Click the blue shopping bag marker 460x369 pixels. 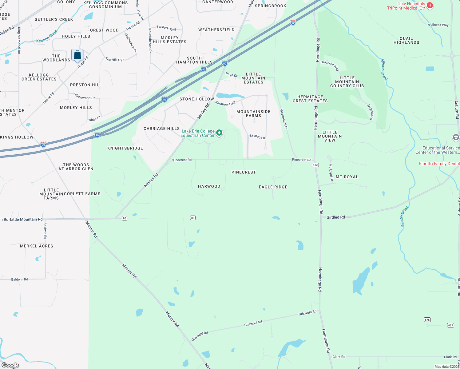(x=77, y=55)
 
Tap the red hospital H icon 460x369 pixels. (x=430, y=5)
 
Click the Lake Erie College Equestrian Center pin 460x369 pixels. (x=219, y=133)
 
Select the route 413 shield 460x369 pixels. (x=315, y=165)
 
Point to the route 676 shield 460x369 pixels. (x=427, y=320)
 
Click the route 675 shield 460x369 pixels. (x=450, y=325)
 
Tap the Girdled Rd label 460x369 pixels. (x=335, y=217)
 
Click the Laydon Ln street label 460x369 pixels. (x=257, y=136)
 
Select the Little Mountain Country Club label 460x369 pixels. (x=347, y=82)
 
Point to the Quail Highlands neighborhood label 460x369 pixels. (x=406, y=41)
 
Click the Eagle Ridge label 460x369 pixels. (x=273, y=187)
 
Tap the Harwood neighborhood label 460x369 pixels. (x=209, y=186)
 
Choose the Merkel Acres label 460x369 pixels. (x=37, y=246)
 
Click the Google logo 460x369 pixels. (x=10, y=365)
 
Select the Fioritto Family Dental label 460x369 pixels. (x=439, y=164)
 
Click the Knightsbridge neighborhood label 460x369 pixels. (x=125, y=148)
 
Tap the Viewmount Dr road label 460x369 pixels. (x=284, y=119)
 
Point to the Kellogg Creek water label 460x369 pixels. (x=47, y=37)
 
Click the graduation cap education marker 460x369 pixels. (x=456, y=137)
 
